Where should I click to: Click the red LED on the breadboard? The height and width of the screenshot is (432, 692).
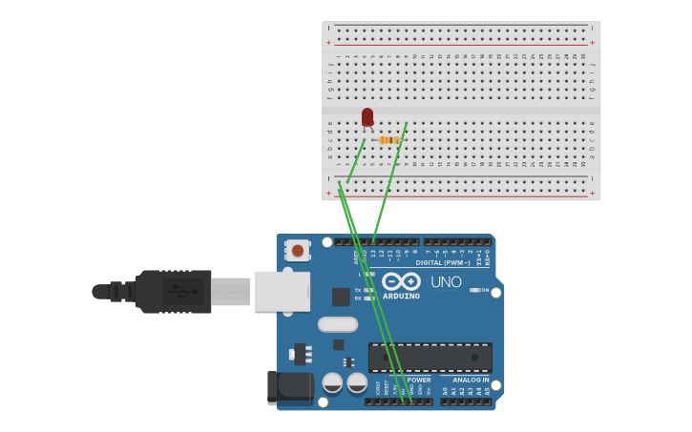[x=367, y=117]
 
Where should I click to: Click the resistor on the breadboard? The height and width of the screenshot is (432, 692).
[x=388, y=140]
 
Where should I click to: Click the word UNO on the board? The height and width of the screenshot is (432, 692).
[x=446, y=282]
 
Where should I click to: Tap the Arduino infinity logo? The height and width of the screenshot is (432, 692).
[x=401, y=281]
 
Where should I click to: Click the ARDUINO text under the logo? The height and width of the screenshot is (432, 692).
[x=401, y=297]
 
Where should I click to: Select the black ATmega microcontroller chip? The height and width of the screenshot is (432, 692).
[x=430, y=358]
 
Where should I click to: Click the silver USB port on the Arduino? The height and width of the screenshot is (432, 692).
[x=283, y=291]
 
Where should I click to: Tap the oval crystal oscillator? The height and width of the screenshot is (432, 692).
[x=338, y=324]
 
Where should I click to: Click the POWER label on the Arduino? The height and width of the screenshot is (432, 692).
[x=419, y=380]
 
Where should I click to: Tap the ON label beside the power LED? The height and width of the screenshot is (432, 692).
[x=485, y=290]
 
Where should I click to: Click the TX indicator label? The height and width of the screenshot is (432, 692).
[x=357, y=290]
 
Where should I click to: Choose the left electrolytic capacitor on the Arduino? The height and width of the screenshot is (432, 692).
[x=332, y=382]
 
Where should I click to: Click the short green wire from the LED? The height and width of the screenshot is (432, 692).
[x=356, y=160]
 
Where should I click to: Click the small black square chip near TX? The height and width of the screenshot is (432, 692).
[x=341, y=297]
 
